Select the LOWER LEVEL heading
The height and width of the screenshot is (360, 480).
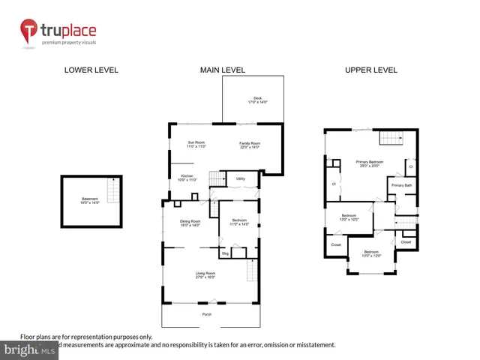point(91,70)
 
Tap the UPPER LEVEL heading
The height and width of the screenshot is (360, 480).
point(370,70)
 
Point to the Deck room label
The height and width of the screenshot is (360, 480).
point(256,100)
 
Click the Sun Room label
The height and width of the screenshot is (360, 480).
point(196,145)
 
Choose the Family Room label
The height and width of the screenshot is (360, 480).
point(249,145)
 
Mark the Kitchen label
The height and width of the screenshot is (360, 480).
point(186,178)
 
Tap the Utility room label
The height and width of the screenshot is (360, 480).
point(241,178)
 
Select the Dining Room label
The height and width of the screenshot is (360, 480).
point(190,223)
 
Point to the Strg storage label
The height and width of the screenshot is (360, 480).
point(223,253)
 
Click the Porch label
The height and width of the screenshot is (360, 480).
point(206,314)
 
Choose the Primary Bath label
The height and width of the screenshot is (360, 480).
point(401,185)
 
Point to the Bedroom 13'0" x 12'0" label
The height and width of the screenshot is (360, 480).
point(372,253)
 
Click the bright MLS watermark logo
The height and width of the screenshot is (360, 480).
point(30,350)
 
